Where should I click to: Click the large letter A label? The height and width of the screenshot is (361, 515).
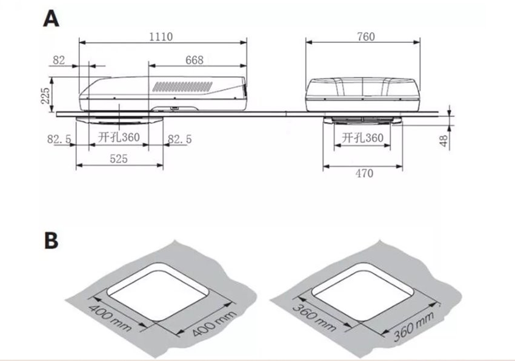tap(51, 19)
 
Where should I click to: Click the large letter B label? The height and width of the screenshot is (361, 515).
tap(51, 241)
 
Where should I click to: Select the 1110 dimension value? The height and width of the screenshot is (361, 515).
tap(161, 36)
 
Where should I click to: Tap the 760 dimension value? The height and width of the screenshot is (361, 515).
tap(366, 36)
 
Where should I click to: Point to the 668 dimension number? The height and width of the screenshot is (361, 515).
tap(194, 60)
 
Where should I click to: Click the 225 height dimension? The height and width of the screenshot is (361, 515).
tap(45, 96)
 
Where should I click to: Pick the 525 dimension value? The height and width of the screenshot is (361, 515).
tap(119, 159)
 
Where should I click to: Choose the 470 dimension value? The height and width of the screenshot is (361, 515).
tap(364, 173)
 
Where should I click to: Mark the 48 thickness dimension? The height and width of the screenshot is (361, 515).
tap(444, 141)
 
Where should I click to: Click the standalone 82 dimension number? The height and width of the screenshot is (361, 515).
tap(59, 60)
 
